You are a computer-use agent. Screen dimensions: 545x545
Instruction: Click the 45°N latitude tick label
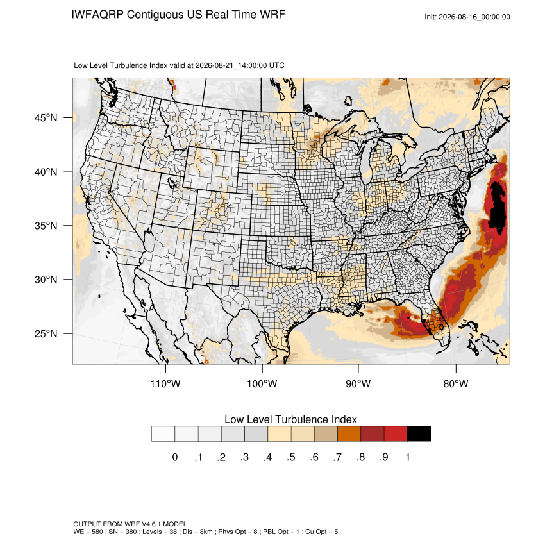46,118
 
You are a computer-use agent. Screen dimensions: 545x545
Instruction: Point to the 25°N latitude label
46,333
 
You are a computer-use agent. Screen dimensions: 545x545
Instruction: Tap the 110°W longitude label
165,383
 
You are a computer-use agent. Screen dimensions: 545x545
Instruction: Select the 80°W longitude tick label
456,383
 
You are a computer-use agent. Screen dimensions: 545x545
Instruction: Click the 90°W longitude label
358,383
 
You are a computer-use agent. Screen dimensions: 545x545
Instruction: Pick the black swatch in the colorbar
419,434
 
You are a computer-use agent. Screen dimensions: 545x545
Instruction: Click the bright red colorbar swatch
396,434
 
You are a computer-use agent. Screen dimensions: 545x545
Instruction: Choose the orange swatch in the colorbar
349,434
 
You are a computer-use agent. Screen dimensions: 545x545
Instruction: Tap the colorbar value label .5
291,457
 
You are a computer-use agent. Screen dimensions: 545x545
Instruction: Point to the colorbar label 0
175,457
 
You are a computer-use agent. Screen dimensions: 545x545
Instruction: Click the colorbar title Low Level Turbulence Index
290,419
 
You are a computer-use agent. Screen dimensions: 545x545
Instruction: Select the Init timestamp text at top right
467,17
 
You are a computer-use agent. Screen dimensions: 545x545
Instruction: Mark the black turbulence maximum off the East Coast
498,205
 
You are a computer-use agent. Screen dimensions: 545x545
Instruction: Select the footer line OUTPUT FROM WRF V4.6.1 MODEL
130,524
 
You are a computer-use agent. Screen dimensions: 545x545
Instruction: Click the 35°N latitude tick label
46,226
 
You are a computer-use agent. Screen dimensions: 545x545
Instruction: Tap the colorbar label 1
407,457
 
